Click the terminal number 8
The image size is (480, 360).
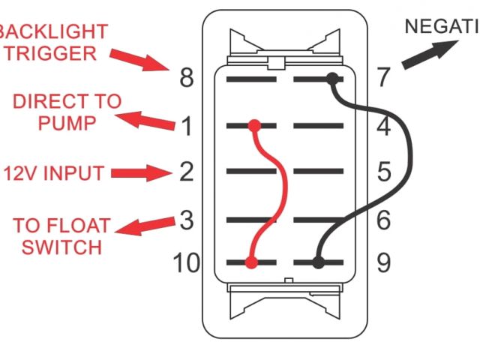(187, 77)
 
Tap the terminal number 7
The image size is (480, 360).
(383, 77)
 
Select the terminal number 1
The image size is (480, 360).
(187, 126)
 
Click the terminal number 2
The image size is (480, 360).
(187, 172)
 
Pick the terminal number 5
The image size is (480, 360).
(383, 172)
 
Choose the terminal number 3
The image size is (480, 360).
(187, 220)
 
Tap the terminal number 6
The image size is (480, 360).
(383, 220)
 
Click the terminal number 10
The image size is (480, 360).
(186, 263)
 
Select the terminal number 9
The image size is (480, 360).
(383, 263)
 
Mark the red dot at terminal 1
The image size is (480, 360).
(255, 125)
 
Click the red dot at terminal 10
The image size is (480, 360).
(251, 262)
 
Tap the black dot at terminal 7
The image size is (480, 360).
(331, 77)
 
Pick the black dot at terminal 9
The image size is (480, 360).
(318, 262)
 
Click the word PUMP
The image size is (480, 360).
(68, 122)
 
